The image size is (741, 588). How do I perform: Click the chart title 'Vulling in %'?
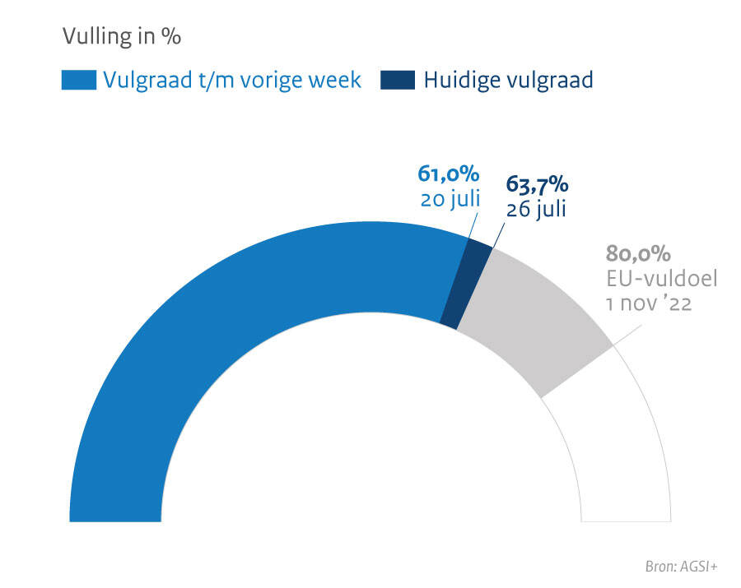[x=121, y=37]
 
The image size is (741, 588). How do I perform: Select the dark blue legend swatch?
[x=398, y=81]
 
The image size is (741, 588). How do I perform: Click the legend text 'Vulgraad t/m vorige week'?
[x=232, y=81]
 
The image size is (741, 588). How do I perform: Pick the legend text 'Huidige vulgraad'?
[x=508, y=81]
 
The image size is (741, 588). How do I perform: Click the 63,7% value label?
[x=537, y=184]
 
